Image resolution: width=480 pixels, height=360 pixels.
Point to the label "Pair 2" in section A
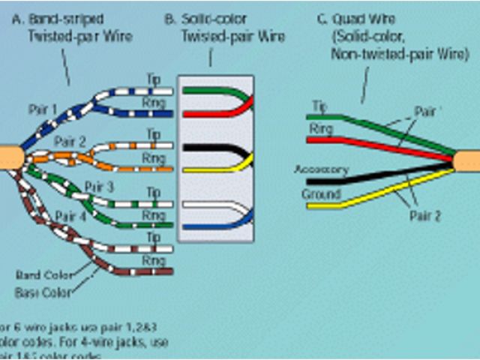pos(70,140)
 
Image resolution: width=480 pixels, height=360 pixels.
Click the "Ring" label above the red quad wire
pos(320,129)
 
